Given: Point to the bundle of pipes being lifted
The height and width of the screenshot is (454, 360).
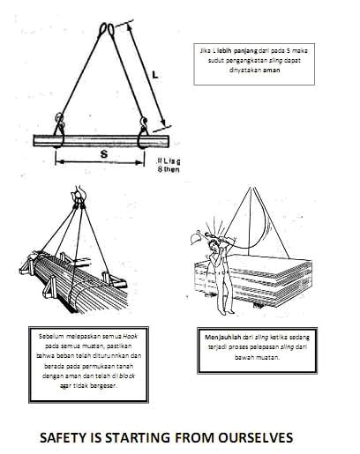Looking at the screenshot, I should (x=75, y=282).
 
